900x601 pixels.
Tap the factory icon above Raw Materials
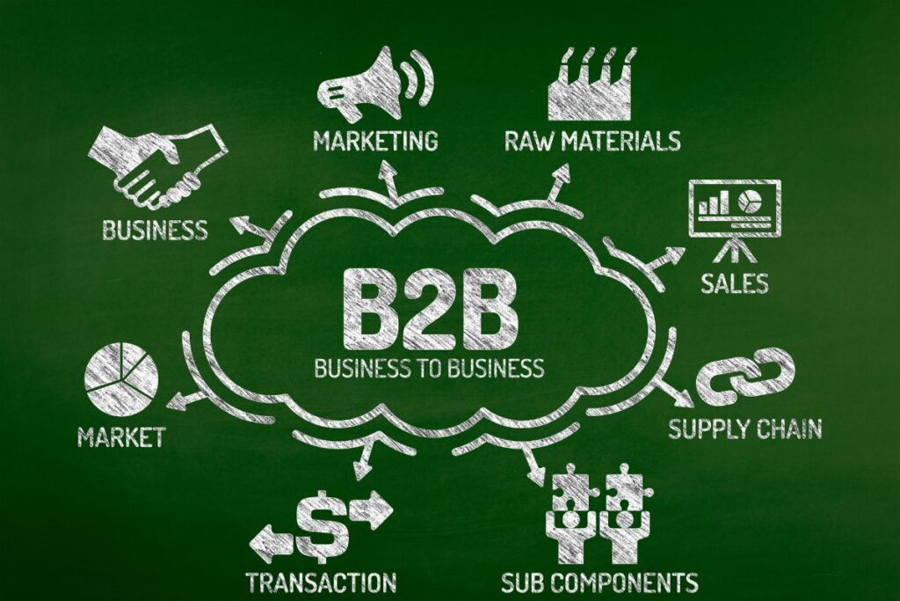tap(592, 86)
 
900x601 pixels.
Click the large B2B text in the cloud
tap(430, 311)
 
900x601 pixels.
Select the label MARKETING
tap(375, 141)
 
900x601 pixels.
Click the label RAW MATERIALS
tap(592, 141)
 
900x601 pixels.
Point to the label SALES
tap(735, 283)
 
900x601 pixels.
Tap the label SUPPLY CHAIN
tap(745, 429)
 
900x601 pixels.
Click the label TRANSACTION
tap(322, 582)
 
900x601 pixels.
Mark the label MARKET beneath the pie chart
tap(121, 436)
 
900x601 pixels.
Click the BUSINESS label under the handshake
tap(155, 230)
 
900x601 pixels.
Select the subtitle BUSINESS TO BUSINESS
tap(429, 367)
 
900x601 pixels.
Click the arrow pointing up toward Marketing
tap(390, 183)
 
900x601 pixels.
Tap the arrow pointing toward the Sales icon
tap(662, 260)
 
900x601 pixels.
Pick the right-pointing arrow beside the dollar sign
tap(372, 509)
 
